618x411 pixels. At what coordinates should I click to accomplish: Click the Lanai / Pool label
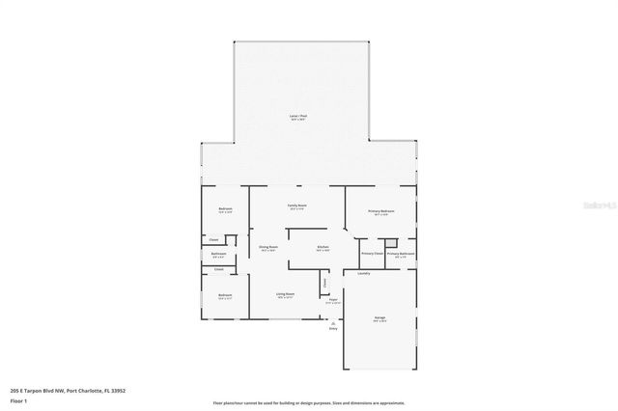(x=298, y=116)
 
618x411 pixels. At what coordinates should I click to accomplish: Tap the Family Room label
(x=296, y=205)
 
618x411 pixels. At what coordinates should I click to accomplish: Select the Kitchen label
(x=323, y=247)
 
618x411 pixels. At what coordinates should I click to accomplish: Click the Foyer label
(x=332, y=300)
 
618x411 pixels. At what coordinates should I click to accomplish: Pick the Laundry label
(x=363, y=273)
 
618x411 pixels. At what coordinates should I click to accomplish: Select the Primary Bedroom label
(x=380, y=210)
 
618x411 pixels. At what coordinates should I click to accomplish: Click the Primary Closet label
(x=373, y=254)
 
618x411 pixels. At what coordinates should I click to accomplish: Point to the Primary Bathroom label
(x=401, y=254)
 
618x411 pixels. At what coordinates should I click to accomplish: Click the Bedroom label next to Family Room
(x=225, y=209)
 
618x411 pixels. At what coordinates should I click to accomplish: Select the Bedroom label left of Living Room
(x=224, y=295)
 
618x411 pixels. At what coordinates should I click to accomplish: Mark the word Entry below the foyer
(x=333, y=329)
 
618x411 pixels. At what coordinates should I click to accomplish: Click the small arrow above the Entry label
(x=333, y=322)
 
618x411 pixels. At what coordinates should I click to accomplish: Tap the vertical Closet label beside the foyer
(x=324, y=283)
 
